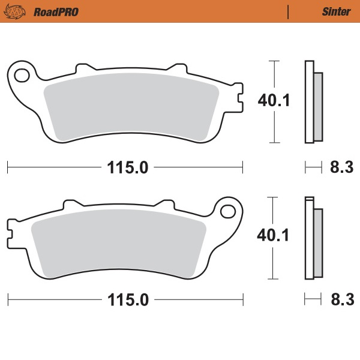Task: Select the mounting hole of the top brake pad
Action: [22, 75]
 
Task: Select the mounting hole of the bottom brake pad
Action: [228, 211]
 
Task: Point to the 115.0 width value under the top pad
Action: [127, 168]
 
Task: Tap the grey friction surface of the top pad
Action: [132, 108]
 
